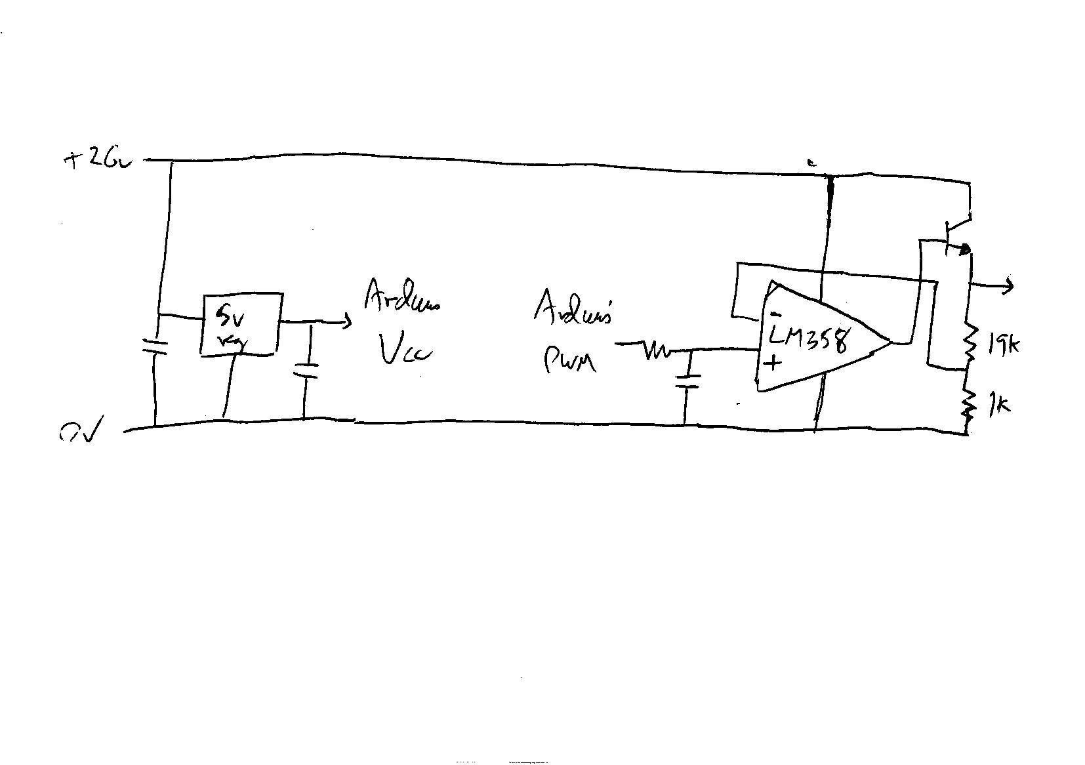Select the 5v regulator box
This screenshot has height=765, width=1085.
241,325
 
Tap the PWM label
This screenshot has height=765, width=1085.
569,360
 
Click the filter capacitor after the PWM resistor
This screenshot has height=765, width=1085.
687,381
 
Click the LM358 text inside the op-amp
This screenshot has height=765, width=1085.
809,340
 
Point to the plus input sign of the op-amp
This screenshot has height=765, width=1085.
773,362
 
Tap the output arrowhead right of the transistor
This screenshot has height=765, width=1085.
1009,285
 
